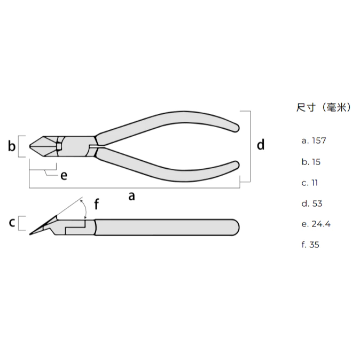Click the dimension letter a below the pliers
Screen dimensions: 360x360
(x=131, y=197)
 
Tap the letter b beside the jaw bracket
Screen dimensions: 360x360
(x=12, y=146)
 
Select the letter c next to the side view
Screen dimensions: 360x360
(x=12, y=222)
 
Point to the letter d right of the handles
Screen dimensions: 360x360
(x=261, y=144)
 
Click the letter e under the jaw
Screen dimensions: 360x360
(x=64, y=176)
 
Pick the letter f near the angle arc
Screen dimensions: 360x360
(x=97, y=204)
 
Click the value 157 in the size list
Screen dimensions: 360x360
(x=319, y=140)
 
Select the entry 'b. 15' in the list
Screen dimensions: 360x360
(x=311, y=162)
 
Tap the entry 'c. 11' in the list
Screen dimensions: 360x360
(x=310, y=183)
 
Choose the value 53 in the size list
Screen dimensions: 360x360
(x=317, y=204)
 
